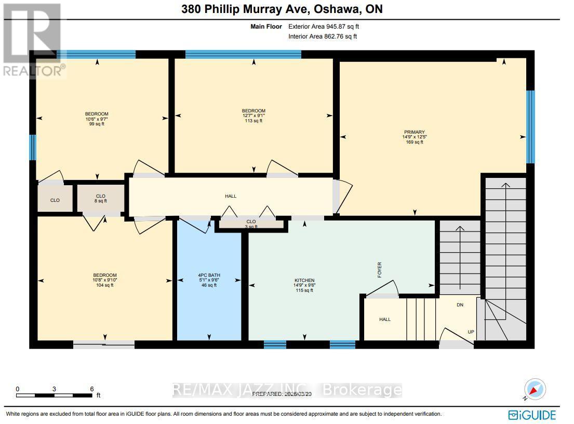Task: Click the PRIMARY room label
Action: point(415,132)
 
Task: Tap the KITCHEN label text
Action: point(304,280)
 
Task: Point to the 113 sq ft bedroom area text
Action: point(253,121)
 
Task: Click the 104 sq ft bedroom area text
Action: point(104,285)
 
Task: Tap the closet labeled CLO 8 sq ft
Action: point(101,198)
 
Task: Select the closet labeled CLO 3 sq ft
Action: point(251,224)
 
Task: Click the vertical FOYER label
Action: point(380,269)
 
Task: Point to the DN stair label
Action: point(460,305)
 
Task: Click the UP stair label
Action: point(471,331)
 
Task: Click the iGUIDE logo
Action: point(532,415)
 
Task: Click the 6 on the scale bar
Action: point(92,389)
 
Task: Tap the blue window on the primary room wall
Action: point(530,127)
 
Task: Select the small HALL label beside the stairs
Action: point(384,319)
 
